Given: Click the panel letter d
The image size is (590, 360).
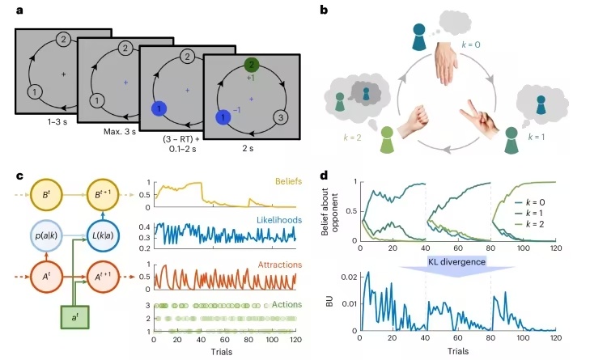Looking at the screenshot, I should click(x=325, y=174).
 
